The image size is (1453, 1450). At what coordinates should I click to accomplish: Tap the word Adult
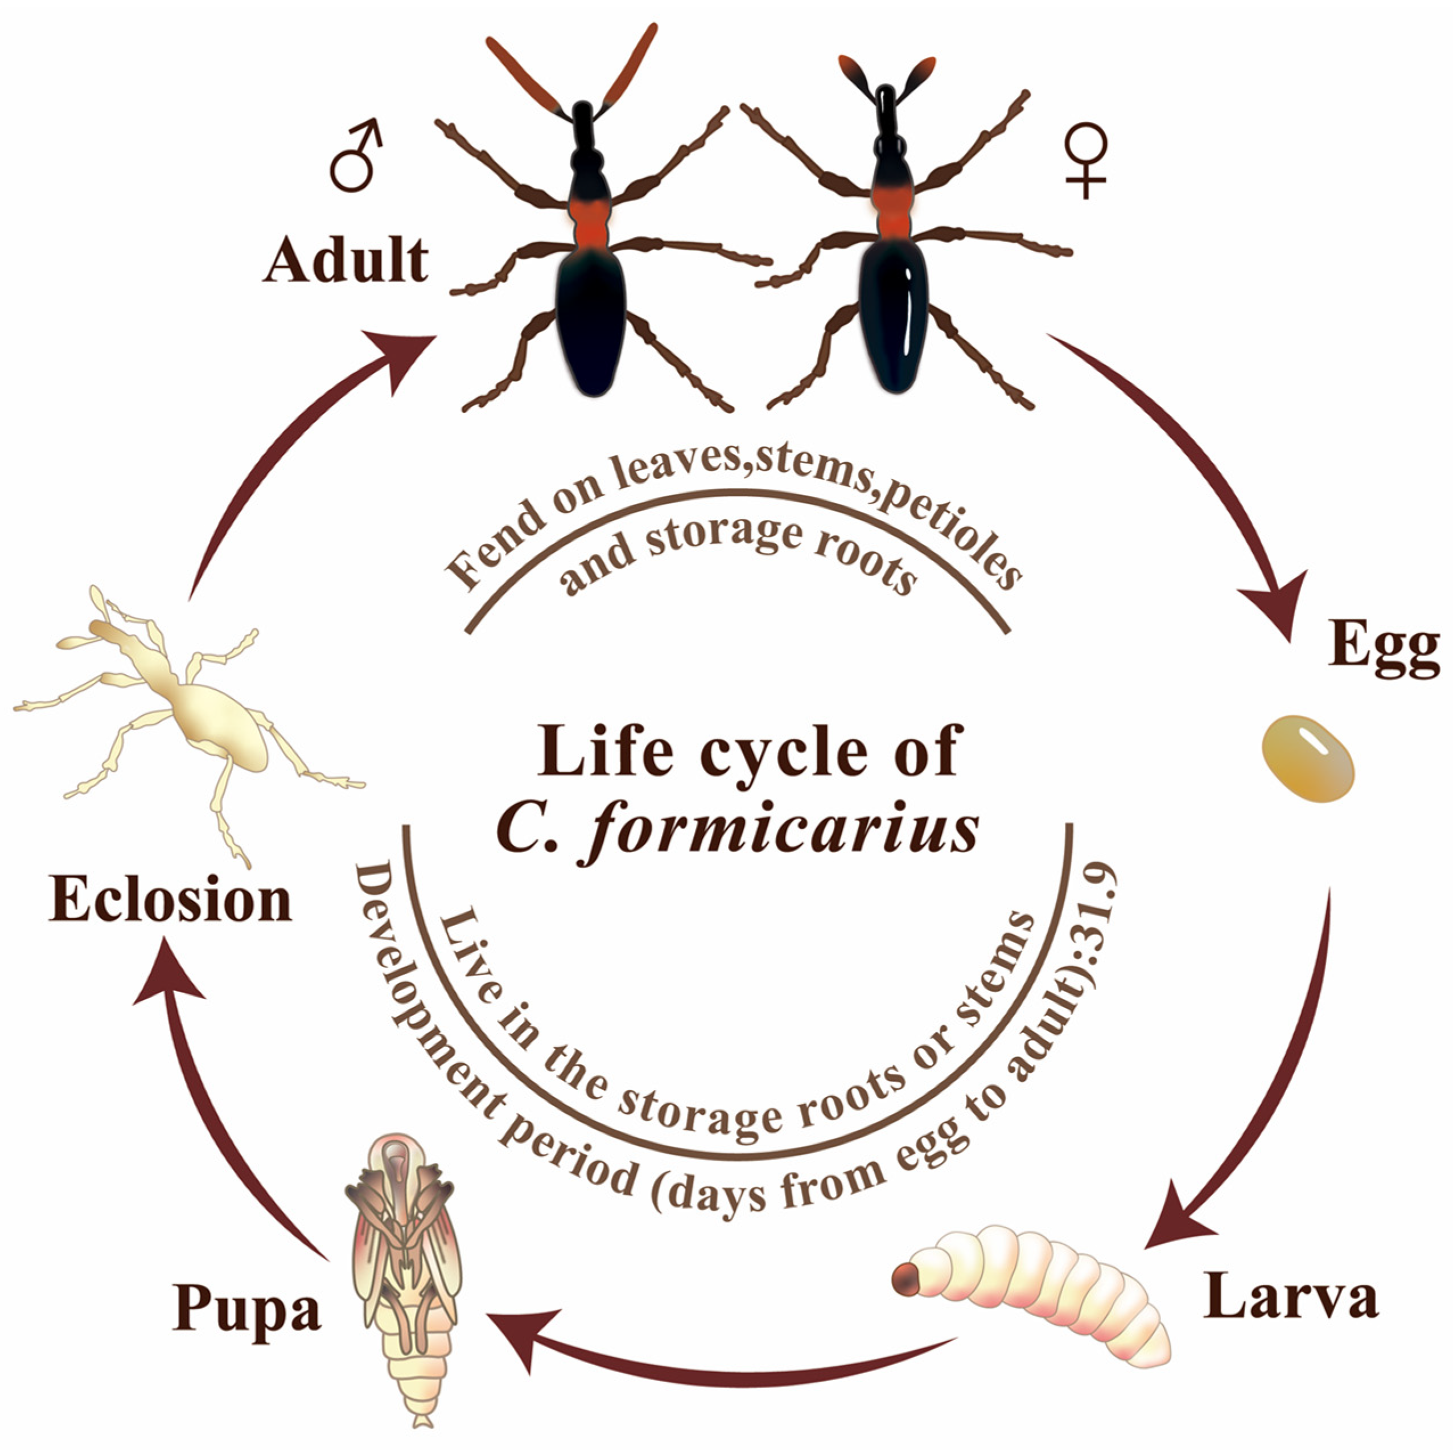click(346, 260)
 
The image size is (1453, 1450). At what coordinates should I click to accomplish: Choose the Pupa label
click(246, 1309)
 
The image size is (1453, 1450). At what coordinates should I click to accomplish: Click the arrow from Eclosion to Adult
click(286, 452)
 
